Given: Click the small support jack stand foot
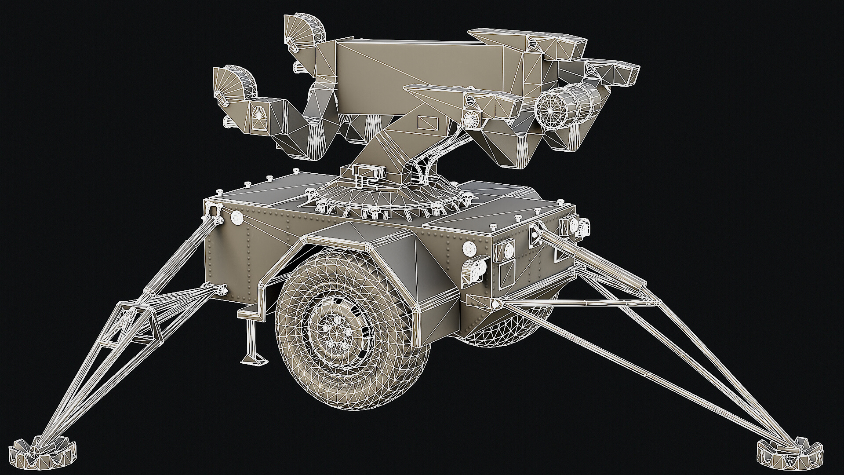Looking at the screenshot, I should pyautogui.click(x=254, y=358).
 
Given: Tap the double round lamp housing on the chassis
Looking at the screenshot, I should pyautogui.click(x=476, y=269).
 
